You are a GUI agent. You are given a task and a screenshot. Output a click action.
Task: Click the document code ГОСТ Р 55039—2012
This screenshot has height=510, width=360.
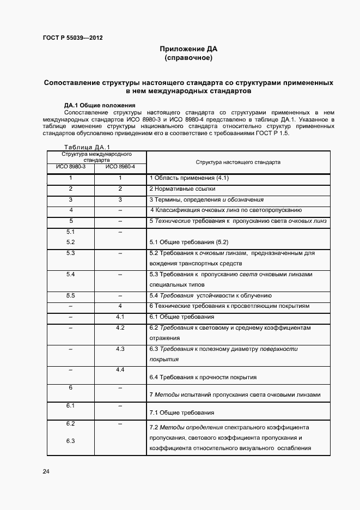(x=72, y=39)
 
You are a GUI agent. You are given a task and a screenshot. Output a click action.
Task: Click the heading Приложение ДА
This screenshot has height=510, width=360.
(x=188, y=48)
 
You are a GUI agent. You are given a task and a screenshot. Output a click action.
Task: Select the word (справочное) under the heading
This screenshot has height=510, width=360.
(x=188, y=57)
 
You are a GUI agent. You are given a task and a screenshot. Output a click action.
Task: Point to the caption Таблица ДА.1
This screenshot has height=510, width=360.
(x=87, y=147)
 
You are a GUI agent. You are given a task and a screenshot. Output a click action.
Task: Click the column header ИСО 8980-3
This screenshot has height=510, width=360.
(x=71, y=166)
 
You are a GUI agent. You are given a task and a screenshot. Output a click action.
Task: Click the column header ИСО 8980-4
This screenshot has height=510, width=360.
(x=120, y=166)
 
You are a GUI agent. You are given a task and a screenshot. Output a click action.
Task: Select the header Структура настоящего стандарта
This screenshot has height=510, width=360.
(x=238, y=162)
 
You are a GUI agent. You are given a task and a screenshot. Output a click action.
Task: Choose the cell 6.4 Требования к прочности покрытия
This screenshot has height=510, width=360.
(x=203, y=377)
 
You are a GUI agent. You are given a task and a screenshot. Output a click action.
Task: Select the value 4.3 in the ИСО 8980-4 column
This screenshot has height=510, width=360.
(x=120, y=348)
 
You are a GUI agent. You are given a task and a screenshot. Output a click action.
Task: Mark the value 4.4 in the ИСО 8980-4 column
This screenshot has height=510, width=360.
(x=120, y=369)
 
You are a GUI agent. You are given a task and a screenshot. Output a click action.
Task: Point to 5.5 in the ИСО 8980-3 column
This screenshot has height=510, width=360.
(x=70, y=295)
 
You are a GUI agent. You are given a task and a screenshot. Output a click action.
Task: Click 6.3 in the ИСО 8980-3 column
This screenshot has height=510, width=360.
(x=70, y=441)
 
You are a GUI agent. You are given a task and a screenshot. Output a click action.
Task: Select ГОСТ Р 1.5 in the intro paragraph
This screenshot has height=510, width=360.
(x=277, y=134)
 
